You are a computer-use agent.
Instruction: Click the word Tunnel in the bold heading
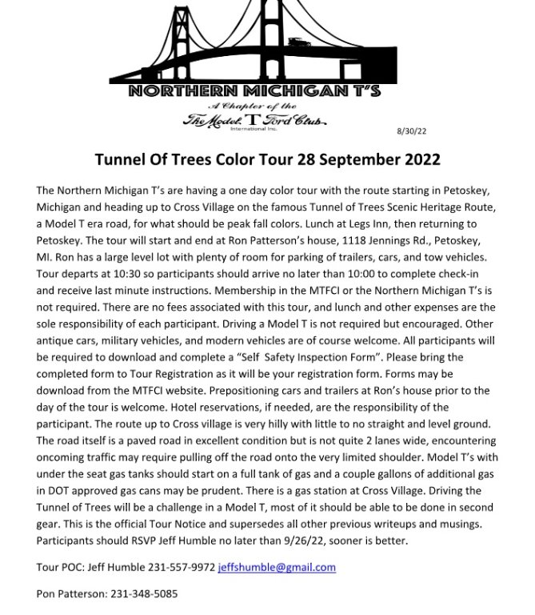(x=121, y=159)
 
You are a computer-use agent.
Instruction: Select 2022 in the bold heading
(x=419, y=159)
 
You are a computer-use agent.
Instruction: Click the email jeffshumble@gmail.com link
(x=277, y=567)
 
